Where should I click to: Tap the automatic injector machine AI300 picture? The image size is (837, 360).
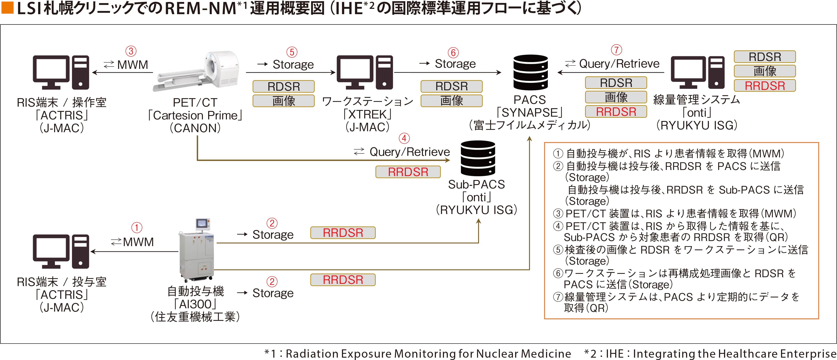click(x=197, y=250)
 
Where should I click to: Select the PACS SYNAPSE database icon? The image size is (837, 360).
click(x=531, y=72)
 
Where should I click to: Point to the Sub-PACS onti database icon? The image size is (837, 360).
click(x=478, y=158)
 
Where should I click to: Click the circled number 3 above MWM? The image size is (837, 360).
click(x=131, y=51)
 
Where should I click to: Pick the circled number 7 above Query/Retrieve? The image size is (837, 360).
click(x=616, y=50)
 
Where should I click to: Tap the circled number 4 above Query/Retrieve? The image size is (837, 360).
click(x=404, y=138)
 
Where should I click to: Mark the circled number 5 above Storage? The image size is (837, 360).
click(x=292, y=52)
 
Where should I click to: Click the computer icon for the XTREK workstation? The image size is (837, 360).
click(x=364, y=72)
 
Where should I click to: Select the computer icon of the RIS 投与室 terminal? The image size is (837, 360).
click(x=61, y=251)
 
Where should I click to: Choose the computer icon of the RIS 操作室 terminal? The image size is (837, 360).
click(x=61, y=72)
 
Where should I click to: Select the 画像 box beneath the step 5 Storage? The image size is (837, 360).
click(x=283, y=101)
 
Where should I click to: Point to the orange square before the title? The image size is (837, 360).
click(x=7, y=8)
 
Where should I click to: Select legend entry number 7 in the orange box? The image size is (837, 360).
click(x=676, y=302)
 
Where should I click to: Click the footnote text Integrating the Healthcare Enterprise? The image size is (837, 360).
click(x=734, y=354)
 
